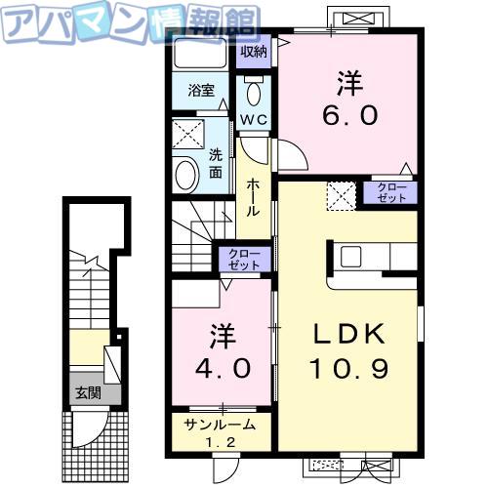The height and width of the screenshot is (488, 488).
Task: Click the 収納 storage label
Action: pos(254,52)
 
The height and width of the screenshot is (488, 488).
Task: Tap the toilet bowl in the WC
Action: pos(254,93)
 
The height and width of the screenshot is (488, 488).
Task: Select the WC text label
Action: pos(254,119)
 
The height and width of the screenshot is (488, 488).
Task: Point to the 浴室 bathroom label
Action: pos(201,90)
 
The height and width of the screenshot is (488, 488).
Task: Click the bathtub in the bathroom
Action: pos(200,53)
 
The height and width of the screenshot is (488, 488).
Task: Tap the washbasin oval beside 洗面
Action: pos(187,175)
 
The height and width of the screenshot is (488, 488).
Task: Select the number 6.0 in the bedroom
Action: pos(350,114)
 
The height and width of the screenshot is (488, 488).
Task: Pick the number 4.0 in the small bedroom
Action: pos(223,368)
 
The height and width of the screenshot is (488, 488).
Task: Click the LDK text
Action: pos(349,335)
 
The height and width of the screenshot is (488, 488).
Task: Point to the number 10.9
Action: pos(350,369)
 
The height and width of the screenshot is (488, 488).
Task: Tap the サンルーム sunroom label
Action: pos(220,425)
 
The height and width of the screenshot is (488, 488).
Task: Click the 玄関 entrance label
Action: pos(88,393)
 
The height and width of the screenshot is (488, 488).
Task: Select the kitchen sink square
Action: pos(350,257)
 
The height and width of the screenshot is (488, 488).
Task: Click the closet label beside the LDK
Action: pos(391,192)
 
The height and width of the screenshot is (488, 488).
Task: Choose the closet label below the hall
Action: pos(244,260)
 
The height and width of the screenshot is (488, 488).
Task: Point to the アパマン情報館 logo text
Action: pos(130,22)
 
